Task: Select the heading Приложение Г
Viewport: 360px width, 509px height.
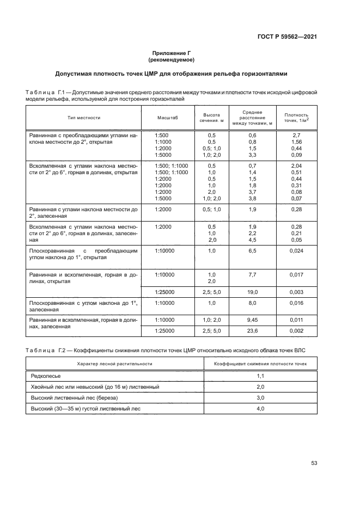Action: [x=172, y=53]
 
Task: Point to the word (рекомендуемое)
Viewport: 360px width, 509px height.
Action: [x=172, y=60]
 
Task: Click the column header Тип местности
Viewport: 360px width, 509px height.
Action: [x=84, y=118]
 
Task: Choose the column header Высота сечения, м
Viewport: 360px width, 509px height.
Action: [x=211, y=118]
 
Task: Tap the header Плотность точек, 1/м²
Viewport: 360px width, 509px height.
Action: [x=296, y=118]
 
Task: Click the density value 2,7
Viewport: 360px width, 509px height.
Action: [x=296, y=135]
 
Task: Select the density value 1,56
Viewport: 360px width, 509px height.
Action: [x=296, y=142]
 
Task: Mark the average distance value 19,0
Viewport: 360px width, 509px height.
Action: [x=252, y=292]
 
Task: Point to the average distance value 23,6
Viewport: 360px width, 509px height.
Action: [x=252, y=330]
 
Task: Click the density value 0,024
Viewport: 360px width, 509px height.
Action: [x=296, y=250]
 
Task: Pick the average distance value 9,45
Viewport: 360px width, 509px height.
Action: [x=252, y=320]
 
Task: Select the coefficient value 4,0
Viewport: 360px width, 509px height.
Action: [x=260, y=408]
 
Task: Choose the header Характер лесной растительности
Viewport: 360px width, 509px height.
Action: [x=114, y=363]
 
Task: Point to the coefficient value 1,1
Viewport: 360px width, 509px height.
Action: [x=260, y=376]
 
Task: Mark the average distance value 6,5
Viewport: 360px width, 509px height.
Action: [x=252, y=250]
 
